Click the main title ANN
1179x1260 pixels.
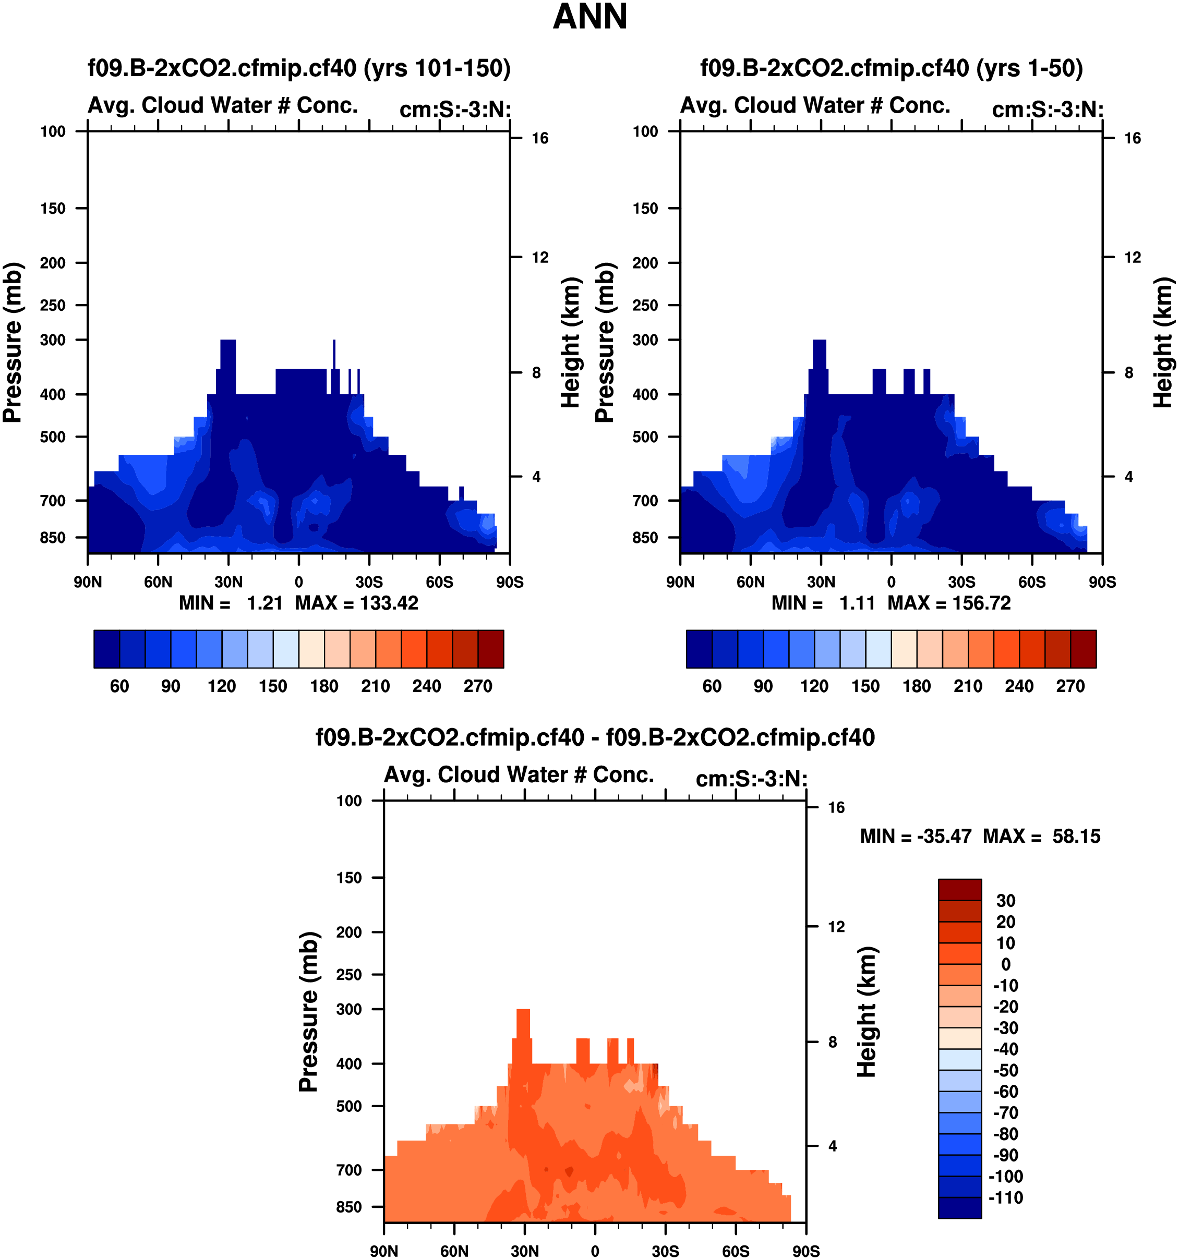tap(589, 17)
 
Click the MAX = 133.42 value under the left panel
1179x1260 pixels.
tap(357, 603)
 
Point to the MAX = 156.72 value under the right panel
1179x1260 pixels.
tap(949, 603)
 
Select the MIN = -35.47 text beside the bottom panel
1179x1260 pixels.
tap(916, 836)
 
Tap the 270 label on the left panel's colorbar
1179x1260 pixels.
tap(477, 686)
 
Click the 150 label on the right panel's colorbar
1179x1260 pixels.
tap(865, 686)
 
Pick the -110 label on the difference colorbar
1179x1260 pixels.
tap(1005, 1197)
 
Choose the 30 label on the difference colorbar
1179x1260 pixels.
tap(1005, 901)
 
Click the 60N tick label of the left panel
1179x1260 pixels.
tap(158, 582)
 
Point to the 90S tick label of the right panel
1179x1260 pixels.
tap(1102, 582)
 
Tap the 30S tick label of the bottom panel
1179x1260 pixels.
tap(665, 1251)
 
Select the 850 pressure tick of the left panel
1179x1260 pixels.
tap(53, 538)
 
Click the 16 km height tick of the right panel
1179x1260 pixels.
tap(1132, 138)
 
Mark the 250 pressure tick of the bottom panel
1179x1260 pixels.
tap(349, 974)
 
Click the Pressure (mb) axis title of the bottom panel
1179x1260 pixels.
tap(308, 1012)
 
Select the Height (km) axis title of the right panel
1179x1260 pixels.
tap(1162, 342)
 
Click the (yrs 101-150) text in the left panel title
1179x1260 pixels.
tap(437, 68)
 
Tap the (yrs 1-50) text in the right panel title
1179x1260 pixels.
tap(1029, 68)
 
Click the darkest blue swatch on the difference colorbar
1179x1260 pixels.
tap(960, 1207)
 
